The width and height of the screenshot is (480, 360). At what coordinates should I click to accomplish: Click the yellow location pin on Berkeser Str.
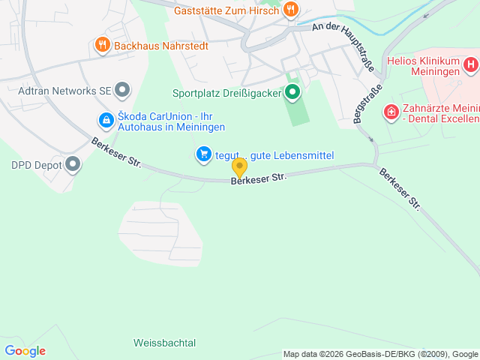click(239, 166)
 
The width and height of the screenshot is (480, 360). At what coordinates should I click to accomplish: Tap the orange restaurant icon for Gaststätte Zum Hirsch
click(291, 10)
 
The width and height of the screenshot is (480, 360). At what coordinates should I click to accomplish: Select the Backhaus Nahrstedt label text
click(160, 46)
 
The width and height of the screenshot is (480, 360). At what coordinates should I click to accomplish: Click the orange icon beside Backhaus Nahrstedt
click(103, 46)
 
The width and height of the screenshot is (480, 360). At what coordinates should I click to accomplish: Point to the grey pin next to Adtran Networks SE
click(124, 91)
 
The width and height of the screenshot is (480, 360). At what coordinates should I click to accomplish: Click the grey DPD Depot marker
click(73, 164)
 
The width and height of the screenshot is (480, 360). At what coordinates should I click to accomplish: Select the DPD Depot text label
click(35, 164)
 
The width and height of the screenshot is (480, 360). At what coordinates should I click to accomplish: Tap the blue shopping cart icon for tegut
click(203, 155)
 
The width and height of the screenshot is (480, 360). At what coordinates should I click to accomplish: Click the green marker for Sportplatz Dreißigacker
click(292, 94)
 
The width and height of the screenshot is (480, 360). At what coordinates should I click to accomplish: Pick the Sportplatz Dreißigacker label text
click(226, 94)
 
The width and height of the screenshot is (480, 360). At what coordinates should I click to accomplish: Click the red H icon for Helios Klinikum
click(470, 64)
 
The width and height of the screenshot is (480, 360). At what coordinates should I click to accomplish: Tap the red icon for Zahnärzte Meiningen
click(391, 113)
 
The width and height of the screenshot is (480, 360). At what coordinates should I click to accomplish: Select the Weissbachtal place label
click(164, 343)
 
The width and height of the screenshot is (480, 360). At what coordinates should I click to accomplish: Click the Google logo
click(25, 351)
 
